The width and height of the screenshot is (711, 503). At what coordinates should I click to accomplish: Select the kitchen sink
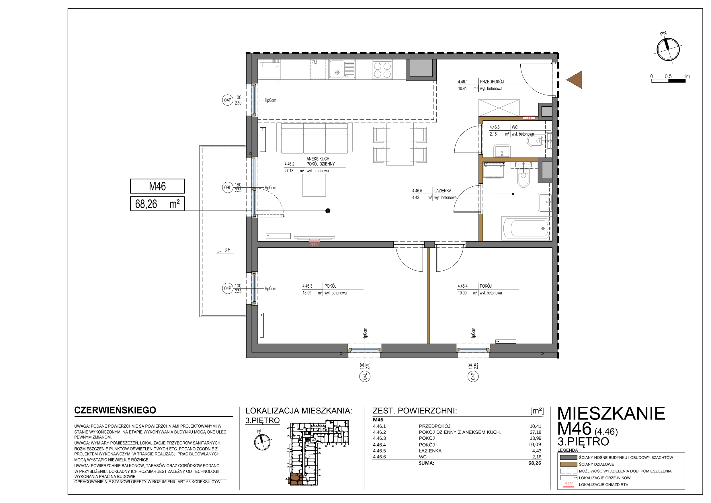click(342, 69)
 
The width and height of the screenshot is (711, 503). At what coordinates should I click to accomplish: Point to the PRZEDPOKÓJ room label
click(492, 82)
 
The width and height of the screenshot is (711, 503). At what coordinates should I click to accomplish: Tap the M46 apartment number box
click(157, 186)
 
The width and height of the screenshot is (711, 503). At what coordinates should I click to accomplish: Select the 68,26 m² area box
click(157, 204)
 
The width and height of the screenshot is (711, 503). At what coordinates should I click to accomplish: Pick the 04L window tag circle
click(365, 377)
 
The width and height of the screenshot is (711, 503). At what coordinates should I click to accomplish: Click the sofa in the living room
click(314, 138)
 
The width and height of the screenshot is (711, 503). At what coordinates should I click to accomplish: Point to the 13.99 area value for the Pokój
click(307, 293)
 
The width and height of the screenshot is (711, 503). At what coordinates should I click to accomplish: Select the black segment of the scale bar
click(677, 81)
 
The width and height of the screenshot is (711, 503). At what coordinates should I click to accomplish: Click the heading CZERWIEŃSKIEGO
click(115, 410)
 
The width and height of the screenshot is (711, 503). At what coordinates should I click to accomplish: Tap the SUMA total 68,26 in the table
click(535, 463)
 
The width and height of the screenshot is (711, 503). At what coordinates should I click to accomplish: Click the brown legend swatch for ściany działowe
click(569, 465)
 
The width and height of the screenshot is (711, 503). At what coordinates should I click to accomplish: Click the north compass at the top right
click(668, 50)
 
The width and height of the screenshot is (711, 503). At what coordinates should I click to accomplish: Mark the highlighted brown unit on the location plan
click(295, 479)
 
